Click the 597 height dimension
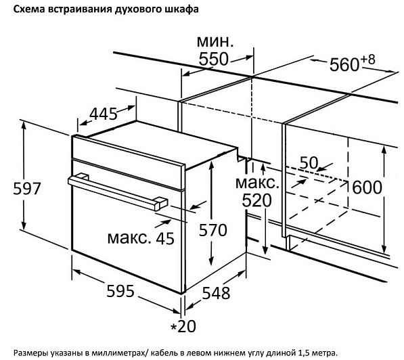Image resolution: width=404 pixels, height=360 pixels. (27, 188)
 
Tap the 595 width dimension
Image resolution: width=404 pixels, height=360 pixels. (120, 291)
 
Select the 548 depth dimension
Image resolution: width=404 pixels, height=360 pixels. (216, 293)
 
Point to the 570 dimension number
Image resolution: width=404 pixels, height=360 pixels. (213, 230)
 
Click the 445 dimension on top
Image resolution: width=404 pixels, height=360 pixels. (103, 114)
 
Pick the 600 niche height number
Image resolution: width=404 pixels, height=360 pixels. (367, 187)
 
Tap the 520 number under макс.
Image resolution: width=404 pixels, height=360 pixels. (257, 200)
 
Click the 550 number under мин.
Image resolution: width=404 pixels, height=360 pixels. (214, 59)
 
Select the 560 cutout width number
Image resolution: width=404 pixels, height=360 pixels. (344, 64)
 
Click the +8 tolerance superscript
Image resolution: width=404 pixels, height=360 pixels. (367, 60)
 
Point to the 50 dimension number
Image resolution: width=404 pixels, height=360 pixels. (309, 163)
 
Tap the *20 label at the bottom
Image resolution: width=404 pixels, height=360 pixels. (183, 325)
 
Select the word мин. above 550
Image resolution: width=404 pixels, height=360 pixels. (215, 41)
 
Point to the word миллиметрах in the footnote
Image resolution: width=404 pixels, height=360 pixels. (119, 352)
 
